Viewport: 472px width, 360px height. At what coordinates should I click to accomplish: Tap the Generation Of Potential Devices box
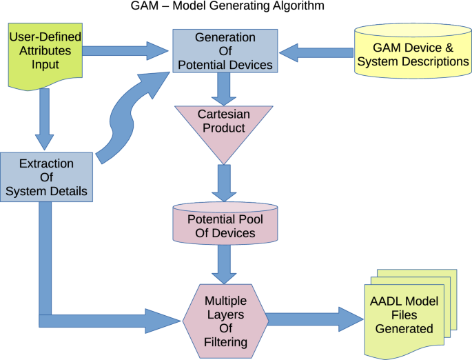pos(225,51)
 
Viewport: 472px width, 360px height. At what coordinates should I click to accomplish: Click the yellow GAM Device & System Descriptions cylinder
pos(411,54)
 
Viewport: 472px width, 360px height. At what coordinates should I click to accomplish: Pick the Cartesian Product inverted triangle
pos(223,128)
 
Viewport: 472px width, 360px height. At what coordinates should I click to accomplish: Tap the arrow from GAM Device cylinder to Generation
pos(316,51)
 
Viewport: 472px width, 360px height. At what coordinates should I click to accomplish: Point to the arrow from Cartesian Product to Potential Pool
pos(223,183)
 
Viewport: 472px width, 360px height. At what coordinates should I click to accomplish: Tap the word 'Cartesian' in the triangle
pos(223,114)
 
